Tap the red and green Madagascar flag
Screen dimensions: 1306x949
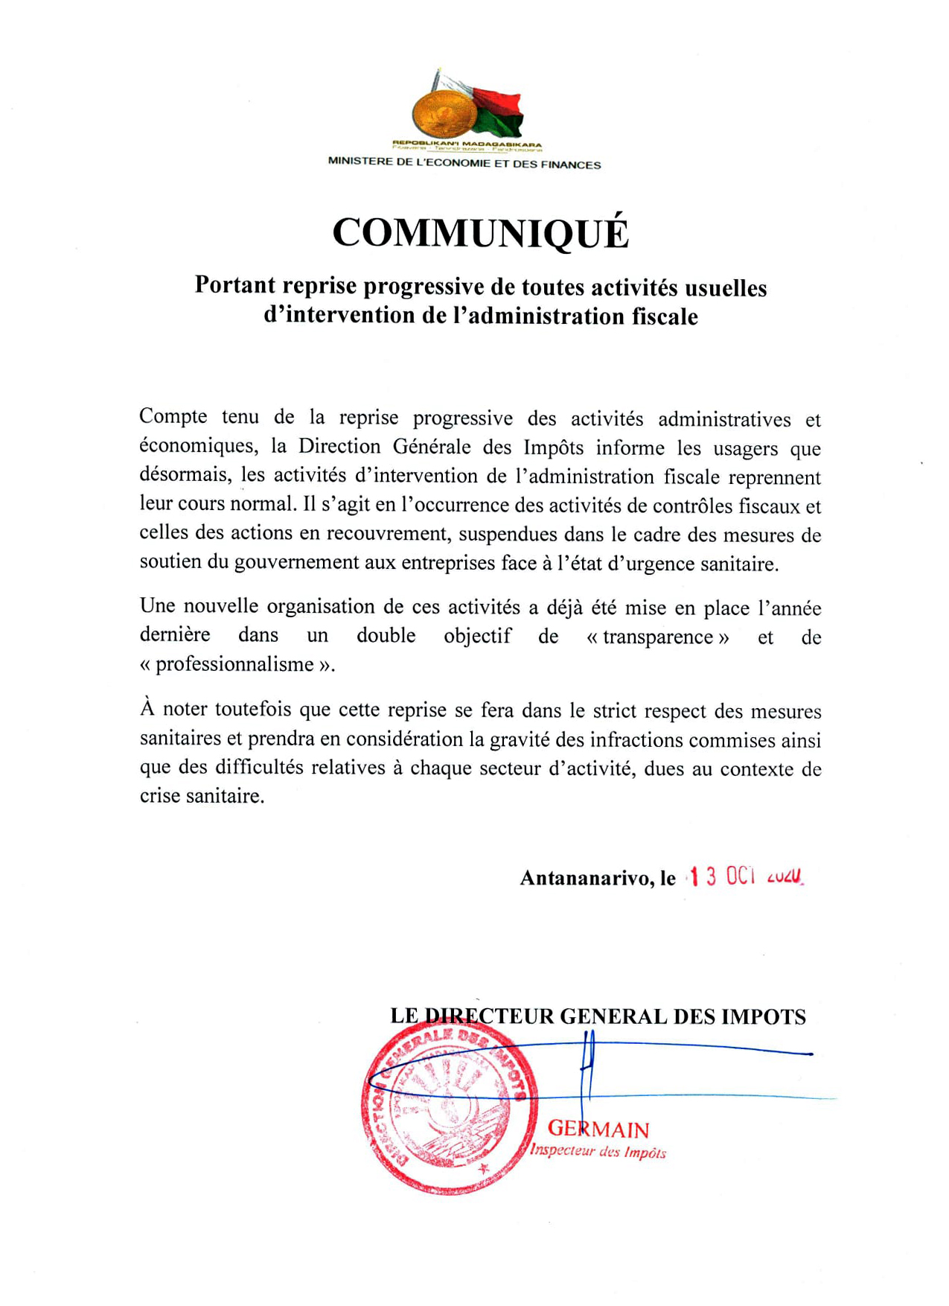[x=495, y=109]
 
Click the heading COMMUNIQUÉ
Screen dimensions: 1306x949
[x=480, y=232]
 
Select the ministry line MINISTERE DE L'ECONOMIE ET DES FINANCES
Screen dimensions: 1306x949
[x=464, y=164]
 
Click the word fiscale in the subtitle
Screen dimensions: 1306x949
[x=665, y=316]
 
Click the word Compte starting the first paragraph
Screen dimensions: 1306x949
[x=173, y=416]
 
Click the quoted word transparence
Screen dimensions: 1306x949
[x=658, y=637]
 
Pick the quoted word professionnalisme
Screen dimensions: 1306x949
[x=237, y=664]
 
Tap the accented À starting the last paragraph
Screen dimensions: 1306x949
[x=147, y=708]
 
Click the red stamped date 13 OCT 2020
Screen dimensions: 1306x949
[x=745, y=876]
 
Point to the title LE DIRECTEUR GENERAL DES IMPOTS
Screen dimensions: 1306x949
[x=598, y=1016]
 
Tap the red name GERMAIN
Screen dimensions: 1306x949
[x=599, y=1130]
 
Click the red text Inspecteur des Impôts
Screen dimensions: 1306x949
[x=598, y=1152]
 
